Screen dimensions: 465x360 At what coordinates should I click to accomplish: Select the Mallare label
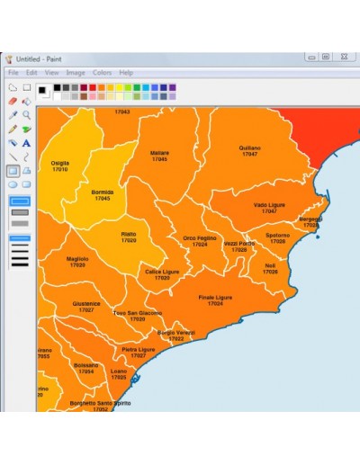(x=159, y=153)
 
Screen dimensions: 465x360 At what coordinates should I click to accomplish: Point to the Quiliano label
(x=249, y=148)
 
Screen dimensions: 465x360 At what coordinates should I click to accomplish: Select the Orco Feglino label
(x=200, y=238)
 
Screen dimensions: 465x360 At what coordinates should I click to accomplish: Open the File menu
(x=13, y=72)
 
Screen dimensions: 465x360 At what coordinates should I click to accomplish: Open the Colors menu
(x=102, y=72)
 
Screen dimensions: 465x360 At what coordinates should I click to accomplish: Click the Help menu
(x=126, y=72)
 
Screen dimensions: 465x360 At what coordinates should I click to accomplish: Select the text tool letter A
(x=26, y=142)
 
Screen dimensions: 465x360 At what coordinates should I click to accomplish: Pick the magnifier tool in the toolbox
(x=26, y=115)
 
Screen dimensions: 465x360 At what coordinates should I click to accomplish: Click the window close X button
(x=344, y=57)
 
